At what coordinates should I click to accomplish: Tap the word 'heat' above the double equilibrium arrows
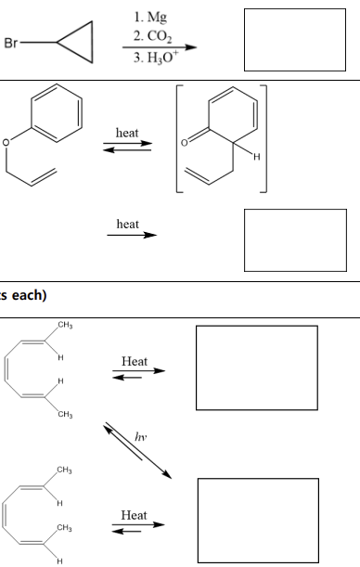128,135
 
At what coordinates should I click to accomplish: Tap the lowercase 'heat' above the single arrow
128,226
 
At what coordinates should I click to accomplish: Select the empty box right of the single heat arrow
294,239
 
